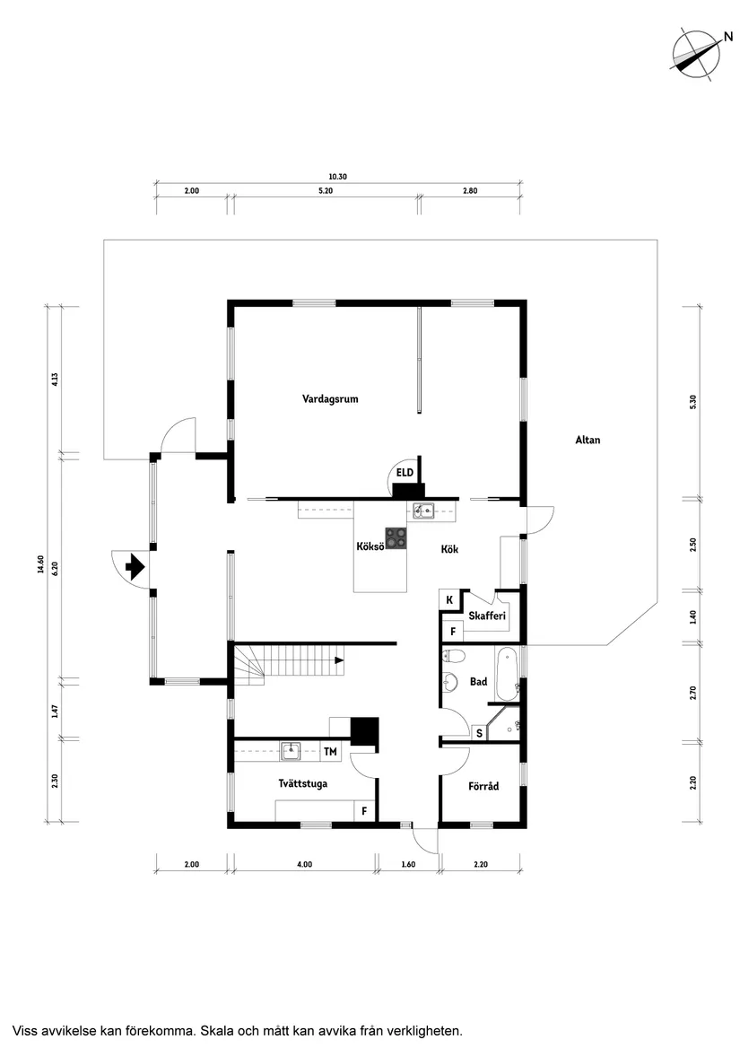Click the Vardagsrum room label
tap(330, 399)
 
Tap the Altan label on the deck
tap(588, 440)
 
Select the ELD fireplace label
tap(405, 472)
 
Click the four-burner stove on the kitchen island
tap(396, 537)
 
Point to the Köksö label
tap(370, 546)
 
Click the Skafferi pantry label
tap(487, 616)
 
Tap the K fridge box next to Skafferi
tap(448, 599)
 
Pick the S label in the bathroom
tap(479, 733)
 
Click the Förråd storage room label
tap(483, 787)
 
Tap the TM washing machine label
tap(330, 751)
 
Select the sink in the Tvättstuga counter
tap(290, 749)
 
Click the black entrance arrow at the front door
tap(135, 566)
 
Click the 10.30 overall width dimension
tap(337, 177)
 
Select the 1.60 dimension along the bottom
tap(408, 864)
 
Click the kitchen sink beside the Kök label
tap(423, 511)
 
